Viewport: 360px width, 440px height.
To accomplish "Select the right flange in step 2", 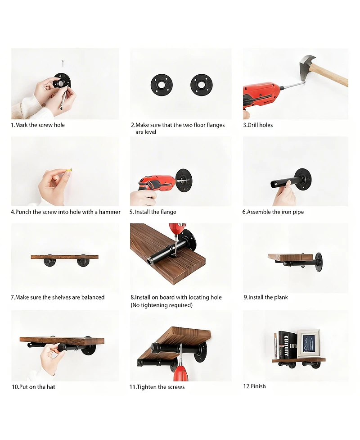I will [201, 84].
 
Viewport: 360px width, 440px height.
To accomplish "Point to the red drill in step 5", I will [155, 184].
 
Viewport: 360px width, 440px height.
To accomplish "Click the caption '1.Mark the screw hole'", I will [38, 125].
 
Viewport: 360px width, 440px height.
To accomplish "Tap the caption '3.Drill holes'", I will [258, 125].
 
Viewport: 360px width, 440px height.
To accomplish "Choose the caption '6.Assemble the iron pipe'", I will [273, 212].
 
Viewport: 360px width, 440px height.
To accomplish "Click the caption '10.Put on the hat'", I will [33, 387].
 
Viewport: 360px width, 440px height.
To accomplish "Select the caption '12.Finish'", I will [255, 386].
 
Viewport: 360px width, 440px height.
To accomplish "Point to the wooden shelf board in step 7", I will [64, 257].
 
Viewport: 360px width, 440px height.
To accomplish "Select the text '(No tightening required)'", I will [162, 305].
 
